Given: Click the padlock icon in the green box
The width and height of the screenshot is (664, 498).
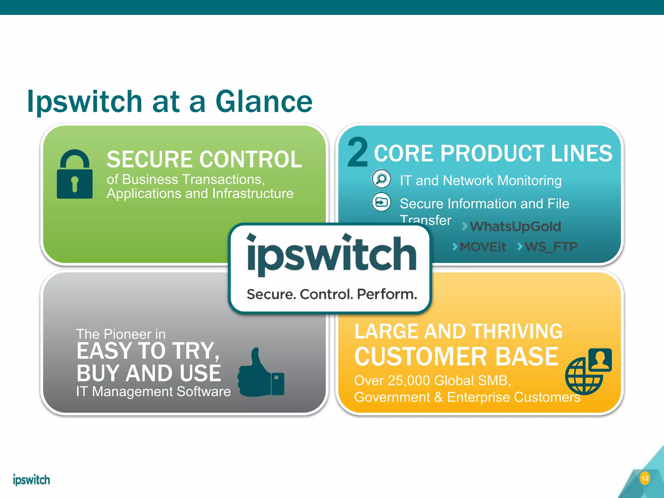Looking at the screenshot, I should [75, 175].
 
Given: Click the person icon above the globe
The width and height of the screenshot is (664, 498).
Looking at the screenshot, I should [600, 360].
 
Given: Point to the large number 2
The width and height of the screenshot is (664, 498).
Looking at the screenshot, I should [358, 152].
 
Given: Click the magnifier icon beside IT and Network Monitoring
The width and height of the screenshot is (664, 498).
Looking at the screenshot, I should [381, 179].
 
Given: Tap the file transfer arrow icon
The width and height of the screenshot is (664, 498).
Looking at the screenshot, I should [381, 202].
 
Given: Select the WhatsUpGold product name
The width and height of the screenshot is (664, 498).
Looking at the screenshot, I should [515, 226].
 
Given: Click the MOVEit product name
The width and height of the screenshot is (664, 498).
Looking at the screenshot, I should [482, 247].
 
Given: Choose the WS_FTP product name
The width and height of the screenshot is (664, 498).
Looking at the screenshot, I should [551, 247].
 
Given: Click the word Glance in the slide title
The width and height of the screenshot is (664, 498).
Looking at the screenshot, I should [264, 102].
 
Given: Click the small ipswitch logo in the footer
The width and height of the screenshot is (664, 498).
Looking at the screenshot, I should [31, 480].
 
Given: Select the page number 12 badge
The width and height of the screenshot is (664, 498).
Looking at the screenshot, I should [645, 478].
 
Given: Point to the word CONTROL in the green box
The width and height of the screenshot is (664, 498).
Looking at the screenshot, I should [250, 159].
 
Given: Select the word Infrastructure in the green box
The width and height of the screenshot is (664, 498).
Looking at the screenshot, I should [253, 194].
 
